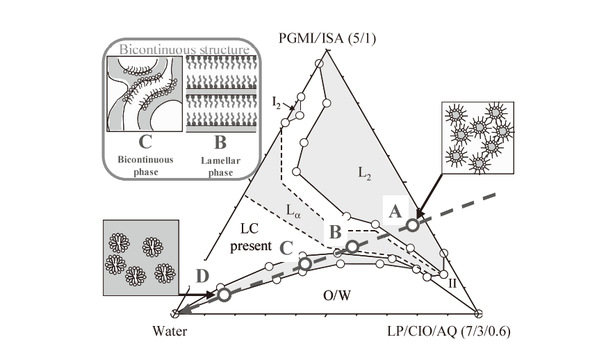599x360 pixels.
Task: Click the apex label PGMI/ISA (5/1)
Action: (x=327, y=39)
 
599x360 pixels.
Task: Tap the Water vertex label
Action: (x=170, y=331)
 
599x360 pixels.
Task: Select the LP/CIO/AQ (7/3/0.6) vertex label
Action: (x=449, y=331)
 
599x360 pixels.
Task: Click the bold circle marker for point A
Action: (x=413, y=225)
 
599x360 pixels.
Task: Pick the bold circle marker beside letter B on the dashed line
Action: (x=352, y=247)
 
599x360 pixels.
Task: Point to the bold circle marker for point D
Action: (x=224, y=295)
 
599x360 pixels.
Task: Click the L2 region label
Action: (x=364, y=173)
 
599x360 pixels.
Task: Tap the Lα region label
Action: (x=293, y=211)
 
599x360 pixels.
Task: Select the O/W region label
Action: (x=337, y=295)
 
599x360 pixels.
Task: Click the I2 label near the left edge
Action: (x=276, y=102)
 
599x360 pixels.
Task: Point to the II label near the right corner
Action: (x=452, y=284)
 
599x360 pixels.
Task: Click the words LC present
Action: (x=250, y=238)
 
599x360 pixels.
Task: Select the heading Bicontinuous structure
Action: (x=184, y=49)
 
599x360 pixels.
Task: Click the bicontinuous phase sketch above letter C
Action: (x=145, y=94)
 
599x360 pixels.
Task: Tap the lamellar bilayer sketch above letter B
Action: (x=221, y=94)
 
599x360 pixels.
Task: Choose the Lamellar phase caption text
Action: (x=221, y=166)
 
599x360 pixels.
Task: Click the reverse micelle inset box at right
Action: (x=478, y=137)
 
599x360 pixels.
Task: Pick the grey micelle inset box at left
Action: (x=141, y=257)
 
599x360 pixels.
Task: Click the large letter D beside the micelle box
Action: (x=202, y=276)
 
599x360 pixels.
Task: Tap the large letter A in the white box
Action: (x=395, y=211)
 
